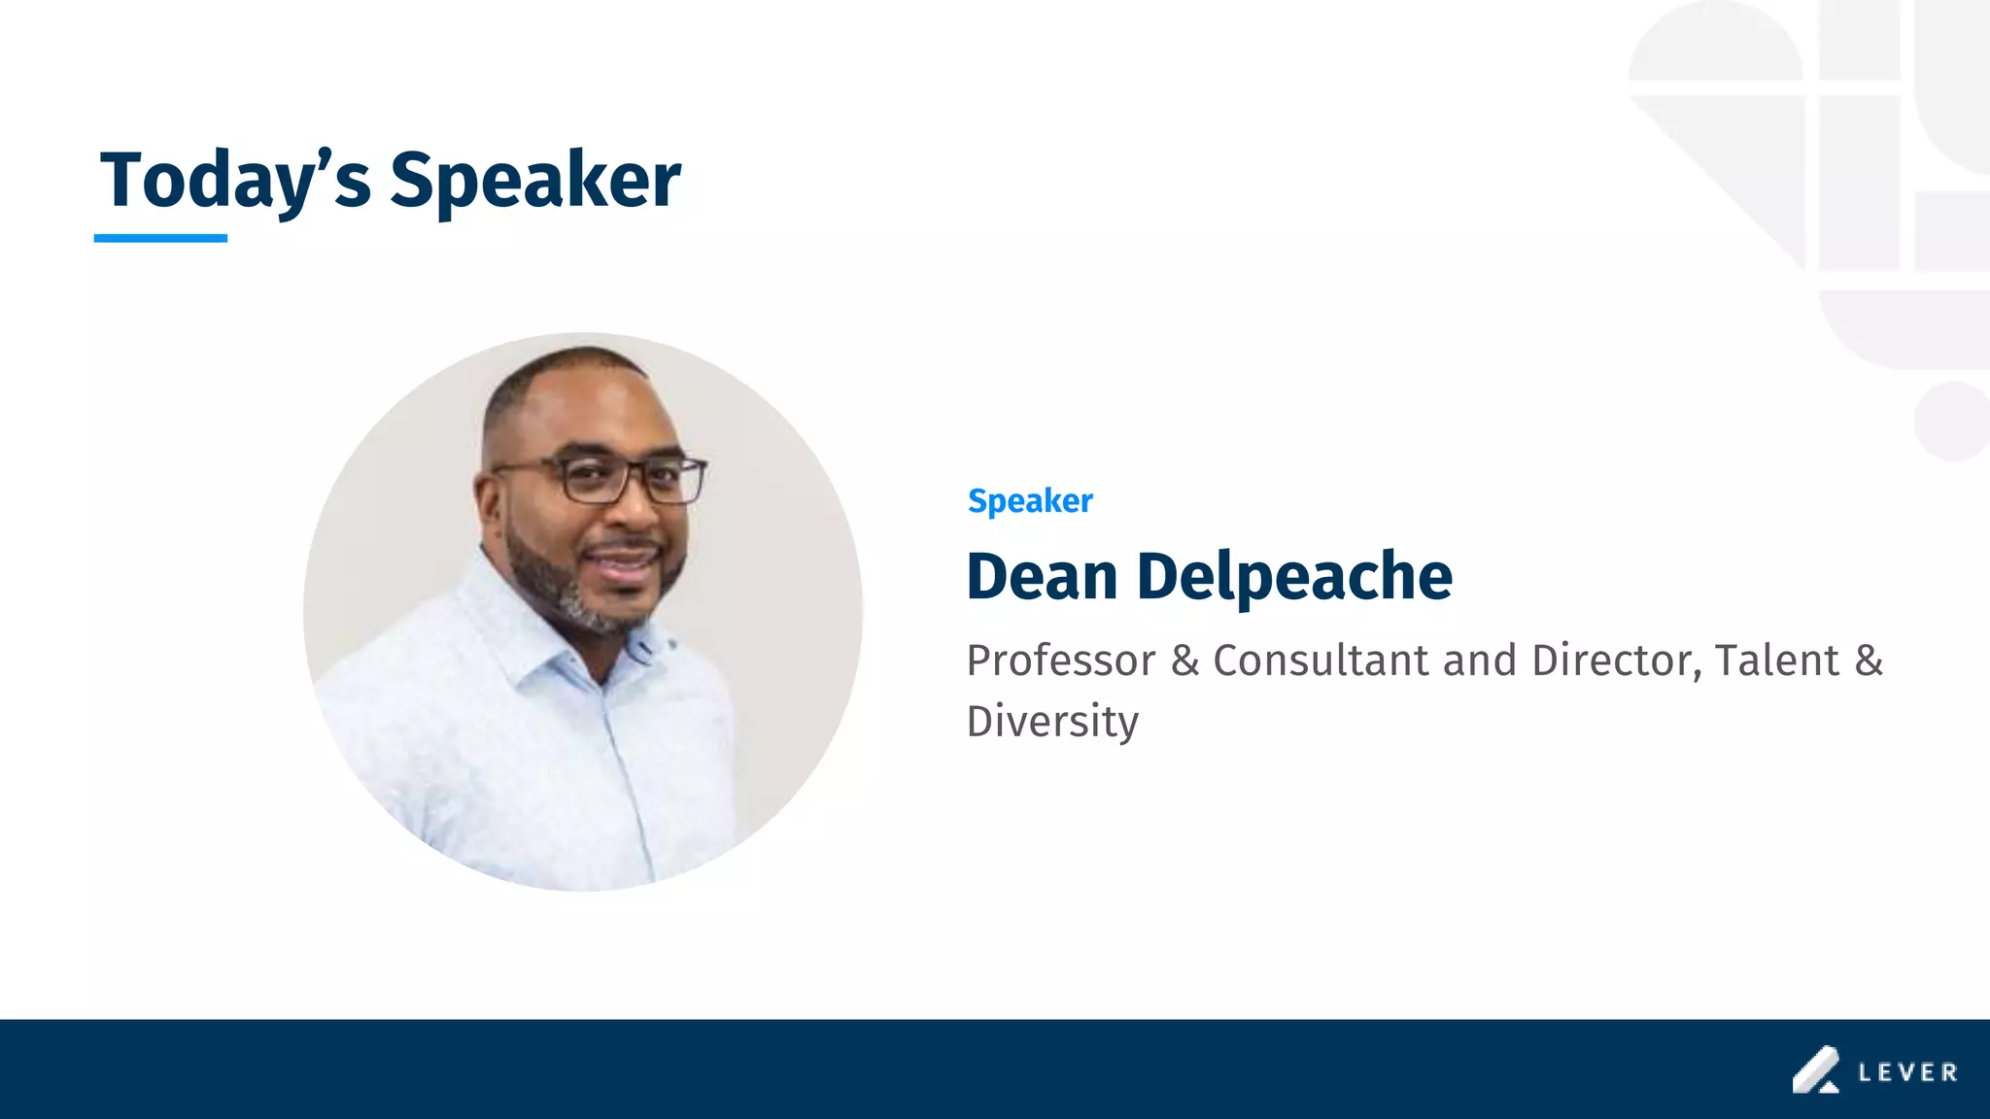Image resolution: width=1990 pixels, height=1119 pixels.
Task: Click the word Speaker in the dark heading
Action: coord(535,180)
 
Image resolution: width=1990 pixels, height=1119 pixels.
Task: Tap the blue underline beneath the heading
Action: coord(160,238)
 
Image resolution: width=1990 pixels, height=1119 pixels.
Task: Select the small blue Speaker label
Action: coord(1030,501)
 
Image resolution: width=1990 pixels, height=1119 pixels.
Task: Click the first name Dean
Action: coord(1042,576)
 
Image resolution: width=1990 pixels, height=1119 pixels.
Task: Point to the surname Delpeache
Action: coord(1294,576)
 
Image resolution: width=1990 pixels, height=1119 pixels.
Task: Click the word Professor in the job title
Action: coord(1061,661)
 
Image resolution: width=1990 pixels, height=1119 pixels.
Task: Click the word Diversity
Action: coord(1052,721)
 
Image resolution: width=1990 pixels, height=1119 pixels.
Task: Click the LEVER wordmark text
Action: coord(1907,1072)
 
